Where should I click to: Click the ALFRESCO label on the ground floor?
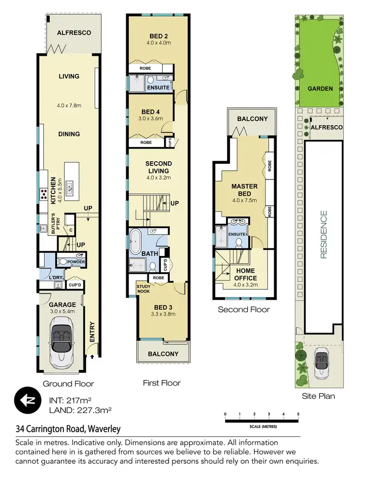(73, 33)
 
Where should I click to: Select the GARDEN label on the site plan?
(320, 89)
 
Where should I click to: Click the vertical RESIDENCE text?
(323, 235)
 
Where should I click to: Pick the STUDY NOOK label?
(143, 288)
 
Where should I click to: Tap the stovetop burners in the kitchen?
(45, 193)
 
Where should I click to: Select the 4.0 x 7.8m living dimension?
(69, 106)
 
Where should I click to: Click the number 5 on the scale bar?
(298, 415)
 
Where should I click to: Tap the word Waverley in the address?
(104, 429)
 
